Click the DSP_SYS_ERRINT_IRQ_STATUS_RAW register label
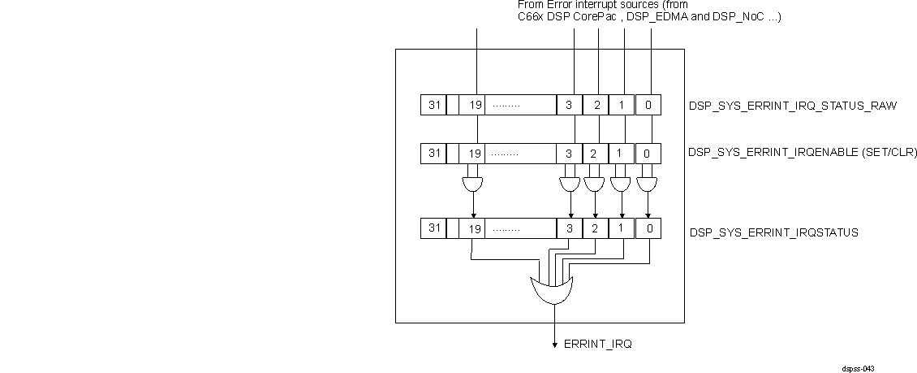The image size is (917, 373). point(792,106)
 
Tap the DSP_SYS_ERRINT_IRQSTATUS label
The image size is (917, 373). point(773,232)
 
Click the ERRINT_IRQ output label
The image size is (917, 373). point(597,345)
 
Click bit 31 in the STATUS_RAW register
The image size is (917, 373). point(433,106)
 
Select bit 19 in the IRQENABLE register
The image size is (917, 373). point(476,153)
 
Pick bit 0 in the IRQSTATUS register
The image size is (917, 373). point(648,229)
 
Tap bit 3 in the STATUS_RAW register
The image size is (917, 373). point(569,106)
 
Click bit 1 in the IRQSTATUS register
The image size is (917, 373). point(620,229)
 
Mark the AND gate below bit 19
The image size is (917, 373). point(471,185)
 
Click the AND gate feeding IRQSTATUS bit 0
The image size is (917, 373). point(647,185)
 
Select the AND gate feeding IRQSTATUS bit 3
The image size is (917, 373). point(570,185)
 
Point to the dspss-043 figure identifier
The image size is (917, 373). point(858,368)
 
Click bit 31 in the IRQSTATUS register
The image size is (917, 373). point(433,229)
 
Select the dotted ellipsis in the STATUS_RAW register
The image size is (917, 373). point(506,106)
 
